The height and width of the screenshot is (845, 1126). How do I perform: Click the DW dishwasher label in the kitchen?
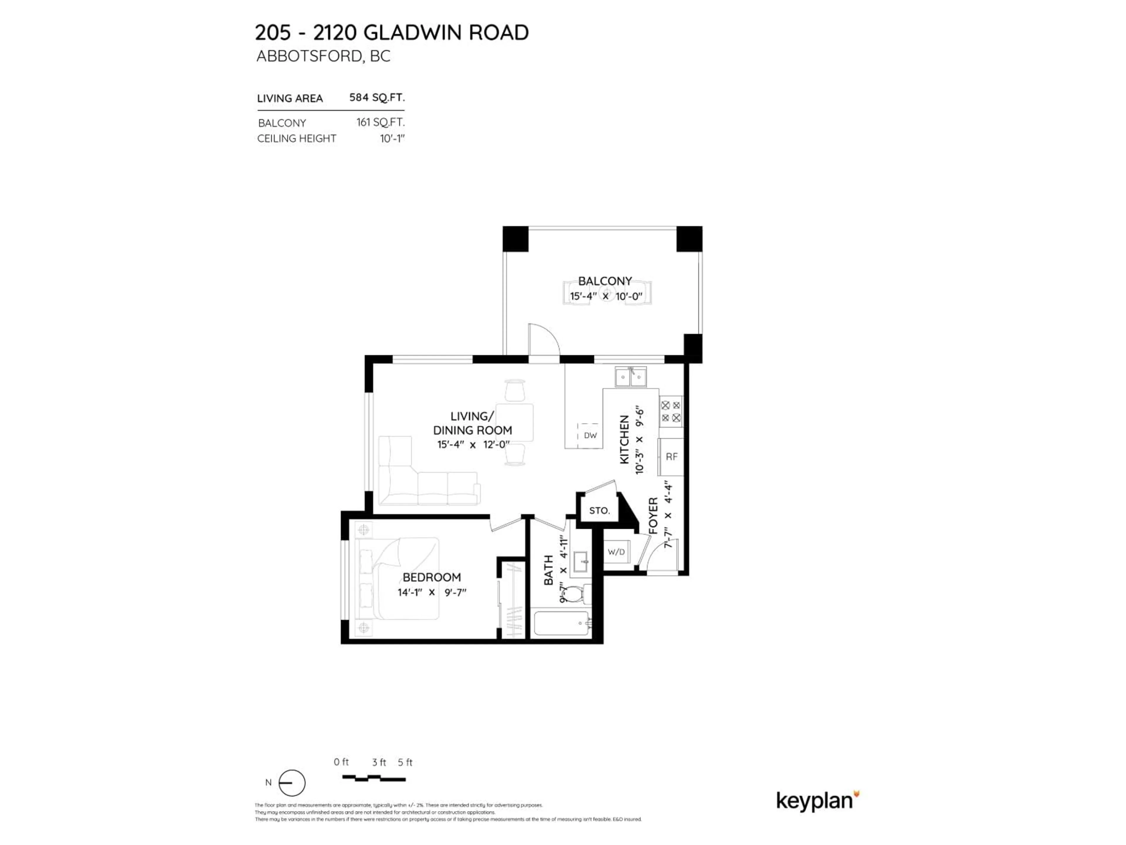click(x=590, y=435)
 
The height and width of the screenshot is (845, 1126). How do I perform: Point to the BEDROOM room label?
click(x=432, y=577)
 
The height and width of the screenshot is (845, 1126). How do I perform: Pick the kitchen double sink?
click(x=631, y=377)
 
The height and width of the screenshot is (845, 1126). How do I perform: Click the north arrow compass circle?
click(x=292, y=783)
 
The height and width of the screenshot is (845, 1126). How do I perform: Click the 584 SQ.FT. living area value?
click(x=377, y=97)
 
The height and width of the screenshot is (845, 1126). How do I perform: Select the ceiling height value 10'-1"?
click(x=392, y=138)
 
